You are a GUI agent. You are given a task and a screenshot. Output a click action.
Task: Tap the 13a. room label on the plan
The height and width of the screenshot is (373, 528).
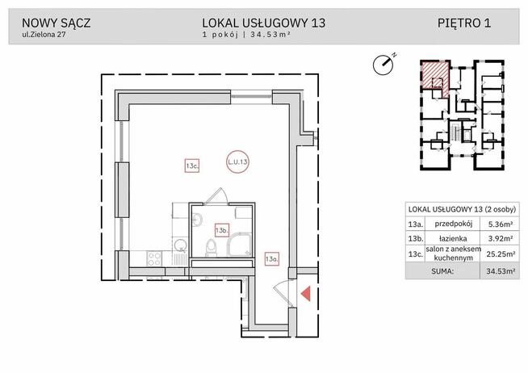coord(271,258)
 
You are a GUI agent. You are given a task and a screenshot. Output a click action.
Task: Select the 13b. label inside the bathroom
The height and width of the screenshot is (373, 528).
coord(220,229)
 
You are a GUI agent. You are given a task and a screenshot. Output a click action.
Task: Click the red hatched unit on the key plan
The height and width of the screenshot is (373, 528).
coord(434,76)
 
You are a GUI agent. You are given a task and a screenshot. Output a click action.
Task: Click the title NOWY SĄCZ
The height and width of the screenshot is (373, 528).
coord(56,22)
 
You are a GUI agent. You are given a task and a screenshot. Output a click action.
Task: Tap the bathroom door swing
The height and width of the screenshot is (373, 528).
coord(216,195)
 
